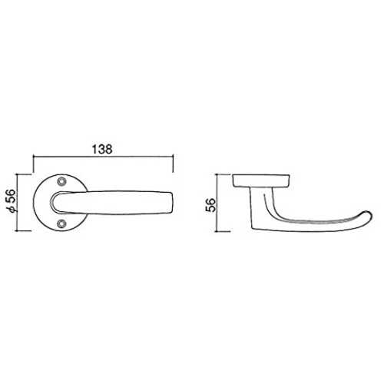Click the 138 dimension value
click(x=102, y=150)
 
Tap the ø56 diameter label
click(x=12, y=200)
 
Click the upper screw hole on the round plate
click(x=61, y=181)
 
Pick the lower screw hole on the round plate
click(x=61, y=223)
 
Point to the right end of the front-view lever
click(x=173, y=203)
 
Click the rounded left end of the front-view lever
click(x=51, y=202)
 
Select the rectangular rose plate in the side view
click(x=261, y=180)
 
